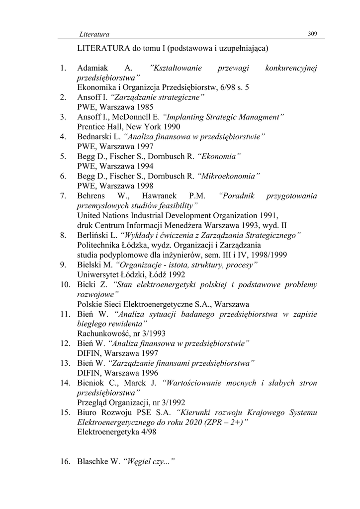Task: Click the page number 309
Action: point(313,34)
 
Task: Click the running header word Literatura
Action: point(94,34)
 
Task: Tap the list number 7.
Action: point(63,196)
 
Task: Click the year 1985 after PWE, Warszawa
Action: point(144,107)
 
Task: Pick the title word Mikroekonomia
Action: point(229,176)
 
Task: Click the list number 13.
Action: point(65,363)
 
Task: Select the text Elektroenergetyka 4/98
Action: point(117,432)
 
